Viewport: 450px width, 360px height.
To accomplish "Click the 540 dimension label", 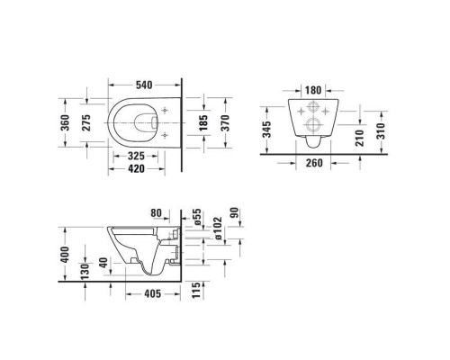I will (139, 85).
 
